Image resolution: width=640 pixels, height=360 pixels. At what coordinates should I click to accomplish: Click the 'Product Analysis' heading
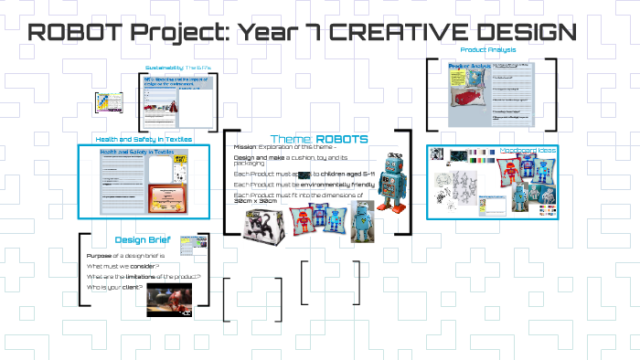tap(487, 49)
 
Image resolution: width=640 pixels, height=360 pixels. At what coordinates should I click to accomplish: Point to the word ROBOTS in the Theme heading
tap(342, 139)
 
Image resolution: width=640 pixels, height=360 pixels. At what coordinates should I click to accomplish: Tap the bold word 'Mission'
tap(245, 146)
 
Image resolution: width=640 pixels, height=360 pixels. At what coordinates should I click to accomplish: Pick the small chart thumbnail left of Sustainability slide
tap(107, 103)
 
